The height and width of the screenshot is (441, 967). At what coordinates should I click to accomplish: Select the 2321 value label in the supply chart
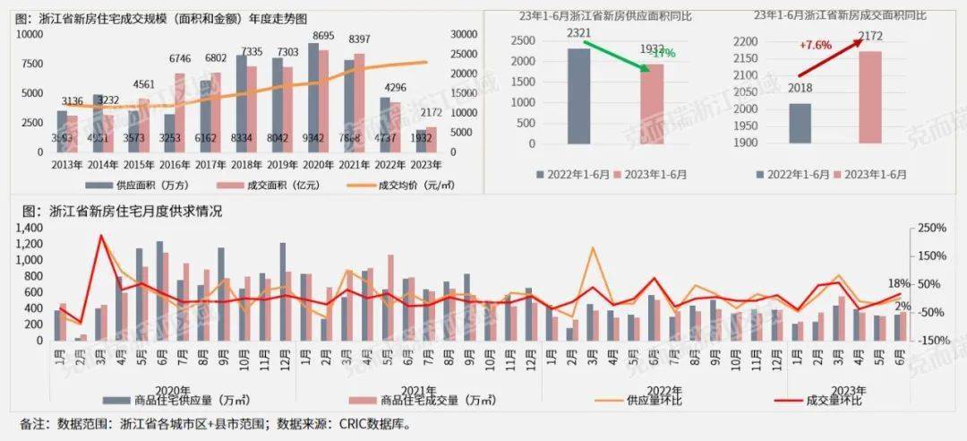(578, 33)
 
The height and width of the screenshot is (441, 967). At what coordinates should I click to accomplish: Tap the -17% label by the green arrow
(663, 54)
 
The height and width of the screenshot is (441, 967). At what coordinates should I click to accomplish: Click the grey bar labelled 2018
(800, 123)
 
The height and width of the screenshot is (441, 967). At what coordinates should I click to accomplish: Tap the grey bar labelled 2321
(579, 95)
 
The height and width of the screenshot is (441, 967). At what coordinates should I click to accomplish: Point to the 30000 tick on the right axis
(466, 34)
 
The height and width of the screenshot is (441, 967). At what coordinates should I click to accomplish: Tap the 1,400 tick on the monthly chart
(33, 229)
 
